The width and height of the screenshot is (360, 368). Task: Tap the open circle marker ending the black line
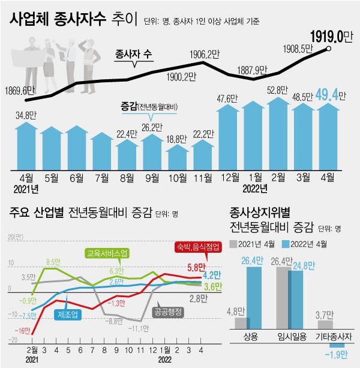[x=329, y=49]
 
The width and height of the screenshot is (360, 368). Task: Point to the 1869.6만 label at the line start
[x=23, y=91]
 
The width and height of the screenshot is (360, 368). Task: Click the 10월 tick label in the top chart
[x=178, y=177]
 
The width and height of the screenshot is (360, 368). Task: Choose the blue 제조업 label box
[x=69, y=315]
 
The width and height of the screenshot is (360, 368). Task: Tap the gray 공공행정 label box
[x=169, y=312]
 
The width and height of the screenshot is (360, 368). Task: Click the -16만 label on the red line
[x=22, y=331]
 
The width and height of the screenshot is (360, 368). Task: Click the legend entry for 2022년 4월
[x=290, y=243]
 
